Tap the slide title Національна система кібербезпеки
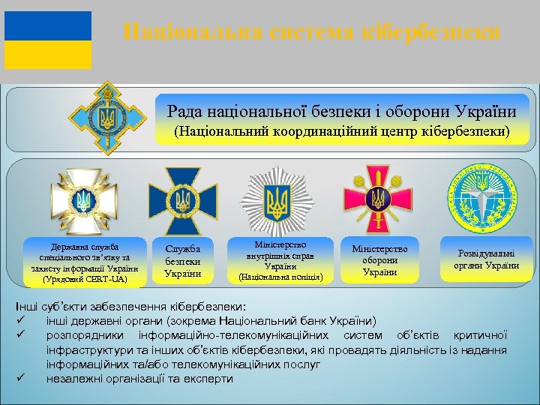(x=310, y=32)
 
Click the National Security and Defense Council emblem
(x=108, y=116)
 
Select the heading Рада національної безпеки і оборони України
(x=342, y=112)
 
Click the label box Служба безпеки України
(x=182, y=259)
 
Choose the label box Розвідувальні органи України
(x=486, y=259)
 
